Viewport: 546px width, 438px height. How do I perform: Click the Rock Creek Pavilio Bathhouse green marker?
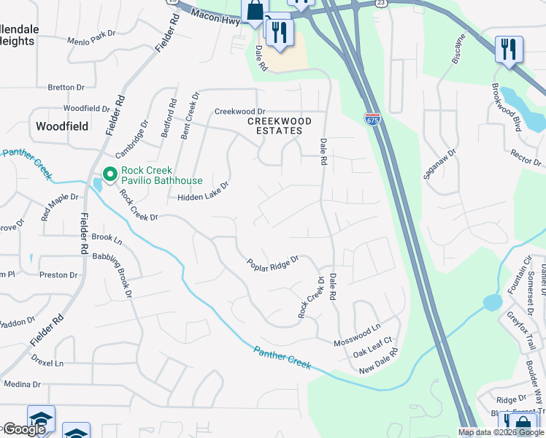point(110,174)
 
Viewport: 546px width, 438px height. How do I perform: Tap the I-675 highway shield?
point(372,119)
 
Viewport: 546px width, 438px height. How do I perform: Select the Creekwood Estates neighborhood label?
point(280,126)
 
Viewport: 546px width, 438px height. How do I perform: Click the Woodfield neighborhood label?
point(62,126)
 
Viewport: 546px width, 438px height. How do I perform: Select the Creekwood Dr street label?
point(239,111)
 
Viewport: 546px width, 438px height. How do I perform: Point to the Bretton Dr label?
point(66,87)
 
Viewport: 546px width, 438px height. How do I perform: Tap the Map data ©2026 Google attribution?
point(501,432)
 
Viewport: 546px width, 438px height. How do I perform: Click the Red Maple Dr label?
point(60,207)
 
